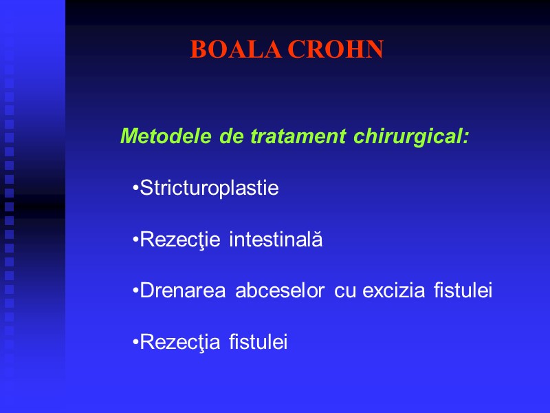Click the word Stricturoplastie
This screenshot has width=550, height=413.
(x=209, y=189)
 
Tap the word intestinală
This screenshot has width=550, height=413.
(x=275, y=240)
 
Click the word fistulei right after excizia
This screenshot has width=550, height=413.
(x=463, y=291)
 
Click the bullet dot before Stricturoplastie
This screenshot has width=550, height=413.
(x=135, y=189)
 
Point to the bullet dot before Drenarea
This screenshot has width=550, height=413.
(x=135, y=291)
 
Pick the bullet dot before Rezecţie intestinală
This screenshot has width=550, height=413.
(x=135, y=240)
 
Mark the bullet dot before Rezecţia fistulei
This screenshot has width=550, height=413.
(x=135, y=342)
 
